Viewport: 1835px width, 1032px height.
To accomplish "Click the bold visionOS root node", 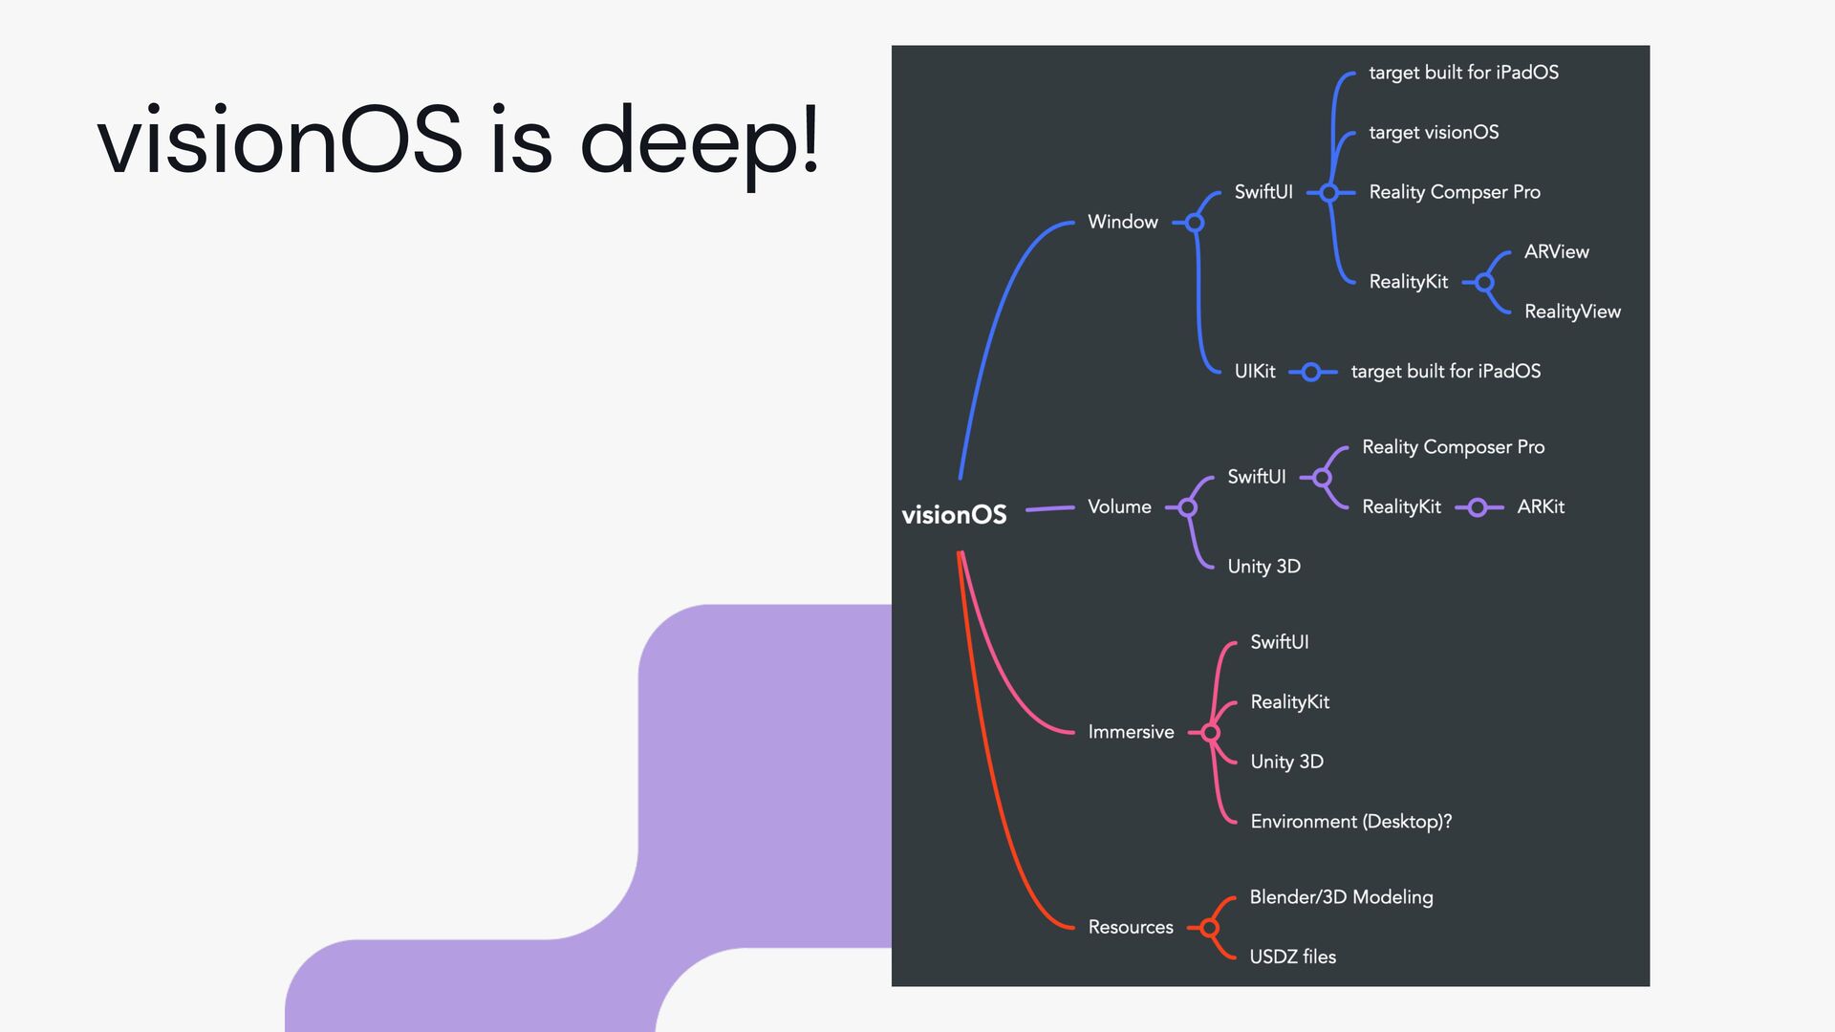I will tap(954, 515).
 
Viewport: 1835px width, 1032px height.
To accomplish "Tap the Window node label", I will tap(1122, 222).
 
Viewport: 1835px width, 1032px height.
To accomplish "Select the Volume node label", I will tap(1119, 506).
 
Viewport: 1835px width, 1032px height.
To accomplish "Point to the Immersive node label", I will tap(1131, 732).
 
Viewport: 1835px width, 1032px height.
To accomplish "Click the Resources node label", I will tap(1131, 927).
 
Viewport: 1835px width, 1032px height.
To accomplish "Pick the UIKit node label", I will tap(1254, 372).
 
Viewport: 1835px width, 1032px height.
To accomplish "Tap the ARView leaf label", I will tap(1556, 252).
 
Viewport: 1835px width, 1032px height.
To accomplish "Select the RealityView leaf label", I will tap(1572, 312).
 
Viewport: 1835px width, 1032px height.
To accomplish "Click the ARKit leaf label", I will tap(1541, 506).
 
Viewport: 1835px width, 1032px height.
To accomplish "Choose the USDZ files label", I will tap(1292, 957).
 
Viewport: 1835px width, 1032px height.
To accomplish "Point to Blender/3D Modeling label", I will tap(1341, 897).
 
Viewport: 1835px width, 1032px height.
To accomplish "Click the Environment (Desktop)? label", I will tap(1350, 822).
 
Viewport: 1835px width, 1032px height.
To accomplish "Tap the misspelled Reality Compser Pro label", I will tap(1454, 192).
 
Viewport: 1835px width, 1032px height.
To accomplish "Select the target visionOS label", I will tap(1434, 133).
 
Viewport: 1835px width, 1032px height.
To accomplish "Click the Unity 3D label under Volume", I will tap(1263, 567).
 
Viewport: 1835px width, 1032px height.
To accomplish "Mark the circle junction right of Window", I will tap(1195, 223).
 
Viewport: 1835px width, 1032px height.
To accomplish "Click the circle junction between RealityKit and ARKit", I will tap(1478, 507).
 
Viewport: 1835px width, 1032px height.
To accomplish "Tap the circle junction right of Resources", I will tap(1210, 928).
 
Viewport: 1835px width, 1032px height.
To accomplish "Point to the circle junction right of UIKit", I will tap(1311, 372).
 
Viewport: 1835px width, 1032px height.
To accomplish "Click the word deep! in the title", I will tap(700, 140).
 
